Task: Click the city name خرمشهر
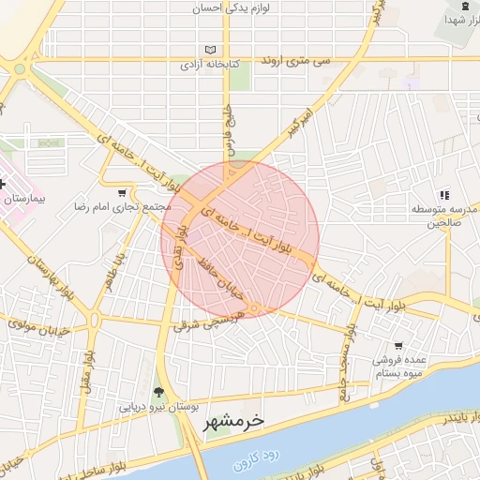(234, 422)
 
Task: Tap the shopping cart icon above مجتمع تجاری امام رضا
(122, 192)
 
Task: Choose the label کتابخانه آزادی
(211, 66)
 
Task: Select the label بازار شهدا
(454, 20)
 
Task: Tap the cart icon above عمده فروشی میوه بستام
(399, 345)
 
